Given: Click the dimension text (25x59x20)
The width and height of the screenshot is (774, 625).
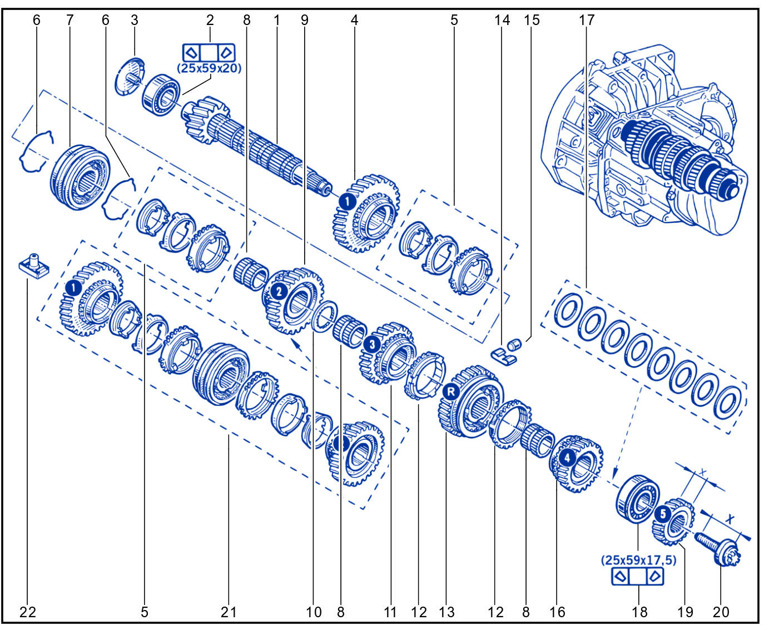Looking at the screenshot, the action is pyautogui.click(x=209, y=68).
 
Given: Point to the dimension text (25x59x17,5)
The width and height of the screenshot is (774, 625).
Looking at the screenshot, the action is pyautogui.click(x=638, y=560).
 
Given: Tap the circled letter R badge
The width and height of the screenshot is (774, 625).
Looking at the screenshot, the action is pyautogui.click(x=451, y=392).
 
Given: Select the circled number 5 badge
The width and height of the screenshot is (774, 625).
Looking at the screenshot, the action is pyautogui.click(x=663, y=514).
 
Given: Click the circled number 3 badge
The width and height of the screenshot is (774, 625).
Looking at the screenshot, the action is pyautogui.click(x=372, y=344).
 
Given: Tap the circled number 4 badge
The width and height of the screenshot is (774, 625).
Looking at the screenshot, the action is pyautogui.click(x=567, y=458).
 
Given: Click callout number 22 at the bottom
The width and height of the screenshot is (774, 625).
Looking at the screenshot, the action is pyautogui.click(x=28, y=612).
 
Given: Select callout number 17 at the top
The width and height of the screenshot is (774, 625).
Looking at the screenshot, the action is pyautogui.click(x=587, y=20).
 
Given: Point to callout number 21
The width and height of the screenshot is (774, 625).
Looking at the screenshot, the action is pyautogui.click(x=229, y=612).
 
